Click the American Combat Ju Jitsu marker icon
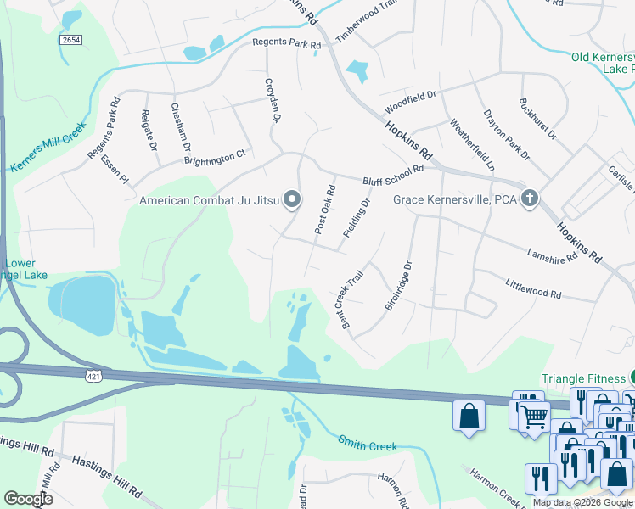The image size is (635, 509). (292, 200)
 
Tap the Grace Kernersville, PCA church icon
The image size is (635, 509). (530, 199)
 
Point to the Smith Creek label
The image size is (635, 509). (368, 442)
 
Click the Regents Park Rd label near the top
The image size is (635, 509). (286, 44)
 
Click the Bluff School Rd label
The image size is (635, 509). (392, 176)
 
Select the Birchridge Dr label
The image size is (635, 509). (398, 285)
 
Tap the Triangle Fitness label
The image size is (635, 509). (583, 378)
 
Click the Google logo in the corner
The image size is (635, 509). (28, 498)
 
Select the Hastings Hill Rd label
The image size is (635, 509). (106, 475)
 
